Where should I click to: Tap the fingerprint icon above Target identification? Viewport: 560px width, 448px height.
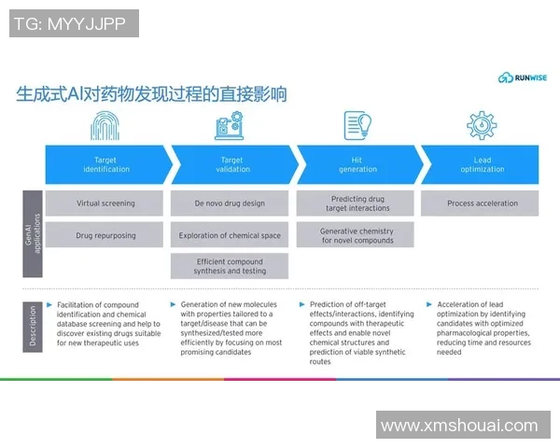coord(105,125)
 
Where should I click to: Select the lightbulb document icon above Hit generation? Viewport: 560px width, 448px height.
coord(357,125)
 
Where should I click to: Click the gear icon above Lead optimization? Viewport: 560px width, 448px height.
coord(482,125)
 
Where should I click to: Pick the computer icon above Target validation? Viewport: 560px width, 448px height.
coord(229,125)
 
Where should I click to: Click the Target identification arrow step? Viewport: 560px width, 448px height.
coord(105,164)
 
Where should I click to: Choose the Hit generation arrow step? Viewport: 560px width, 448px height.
coord(357,164)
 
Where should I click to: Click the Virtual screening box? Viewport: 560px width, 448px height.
coord(105,203)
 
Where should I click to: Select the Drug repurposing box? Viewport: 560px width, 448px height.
coord(105,235)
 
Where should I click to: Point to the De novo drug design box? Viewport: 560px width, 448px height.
coord(230,203)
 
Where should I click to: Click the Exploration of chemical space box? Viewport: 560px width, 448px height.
coord(230,235)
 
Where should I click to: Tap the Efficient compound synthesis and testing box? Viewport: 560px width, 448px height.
coord(230,266)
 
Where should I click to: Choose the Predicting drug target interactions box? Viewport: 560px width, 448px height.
coord(357,203)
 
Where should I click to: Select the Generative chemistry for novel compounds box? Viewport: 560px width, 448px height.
coord(357,235)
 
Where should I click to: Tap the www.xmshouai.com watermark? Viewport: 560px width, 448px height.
coord(459,426)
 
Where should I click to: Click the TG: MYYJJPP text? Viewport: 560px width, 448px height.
coord(74,23)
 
